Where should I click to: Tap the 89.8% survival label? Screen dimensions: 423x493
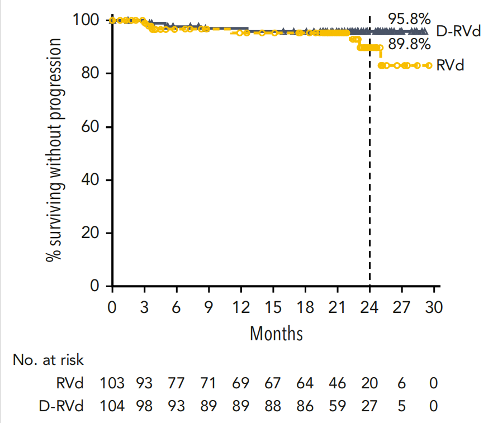tap(410, 44)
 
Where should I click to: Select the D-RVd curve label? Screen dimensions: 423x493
tap(458, 32)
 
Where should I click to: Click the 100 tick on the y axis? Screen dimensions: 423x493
tap(87, 20)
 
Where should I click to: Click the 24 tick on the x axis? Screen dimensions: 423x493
tap(369, 307)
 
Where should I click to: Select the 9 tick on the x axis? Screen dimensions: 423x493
tap(209, 307)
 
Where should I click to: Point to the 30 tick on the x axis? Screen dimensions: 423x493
tap(434, 307)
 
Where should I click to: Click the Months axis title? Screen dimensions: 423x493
tap(276, 334)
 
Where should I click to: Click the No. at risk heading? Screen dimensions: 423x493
tap(48, 360)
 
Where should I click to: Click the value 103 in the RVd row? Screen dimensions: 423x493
tap(112, 383)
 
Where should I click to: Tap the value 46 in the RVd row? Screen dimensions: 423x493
tap(337, 383)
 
